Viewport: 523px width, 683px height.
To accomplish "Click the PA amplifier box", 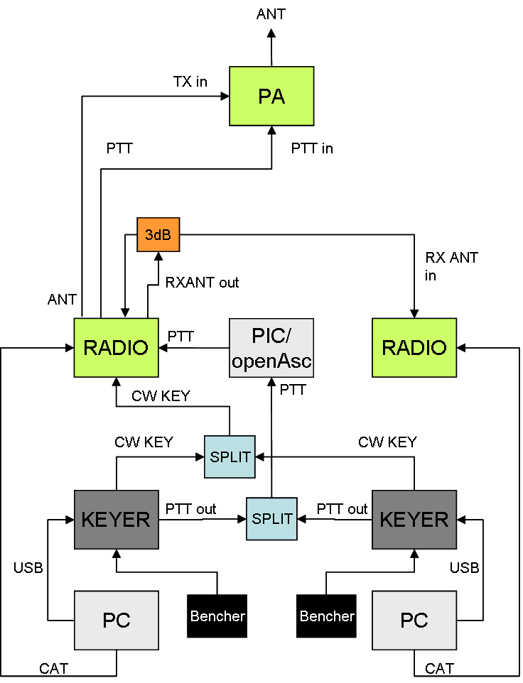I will pos(271,97).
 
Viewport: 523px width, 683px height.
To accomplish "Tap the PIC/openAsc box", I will pos(271,348).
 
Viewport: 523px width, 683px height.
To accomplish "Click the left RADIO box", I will pos(116,348).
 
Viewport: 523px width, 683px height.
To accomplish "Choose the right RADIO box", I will pos(414,348).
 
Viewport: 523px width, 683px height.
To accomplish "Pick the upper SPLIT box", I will pos(230,457).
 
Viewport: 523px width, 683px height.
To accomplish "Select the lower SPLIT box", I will pos(271,520).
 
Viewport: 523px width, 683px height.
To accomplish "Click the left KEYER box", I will pos(116,520).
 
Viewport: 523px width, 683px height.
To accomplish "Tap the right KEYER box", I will pos(414,520).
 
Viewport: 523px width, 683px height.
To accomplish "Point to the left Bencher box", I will pos(217,616).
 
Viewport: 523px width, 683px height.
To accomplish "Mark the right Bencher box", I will pos(327,616).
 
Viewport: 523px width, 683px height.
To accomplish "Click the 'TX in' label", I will pos(190,82).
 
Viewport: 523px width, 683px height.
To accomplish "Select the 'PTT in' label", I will pos(312,148).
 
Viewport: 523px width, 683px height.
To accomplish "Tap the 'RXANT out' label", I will pos(202,283).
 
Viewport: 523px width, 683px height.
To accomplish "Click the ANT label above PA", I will pos(271,14).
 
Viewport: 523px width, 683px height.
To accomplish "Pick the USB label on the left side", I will pos(28,568).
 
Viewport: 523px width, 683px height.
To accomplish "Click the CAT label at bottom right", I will pos(439,668).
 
